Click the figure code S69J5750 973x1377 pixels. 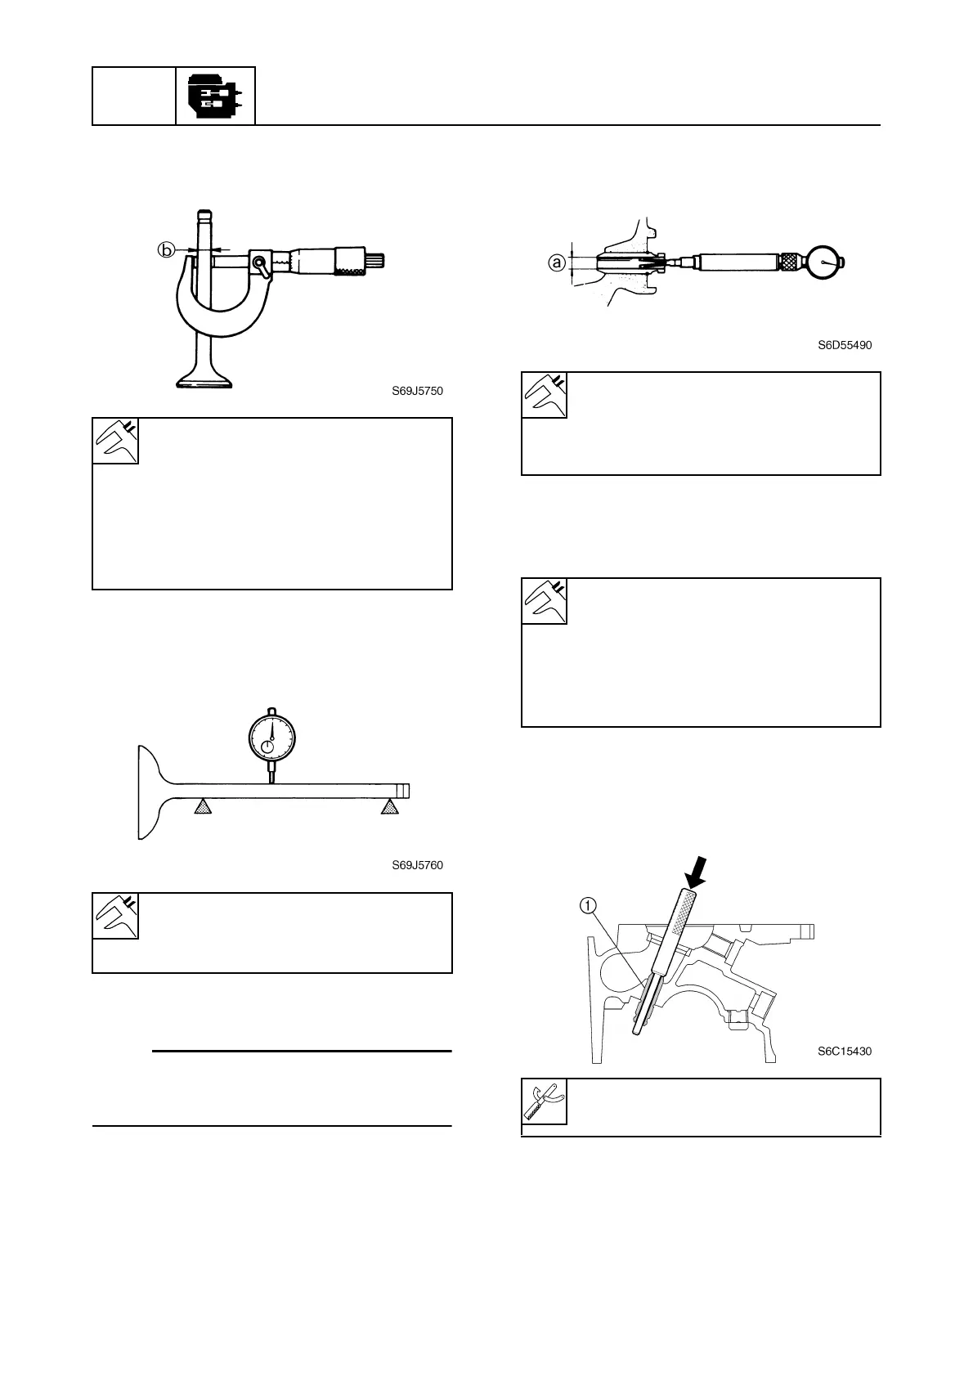417,391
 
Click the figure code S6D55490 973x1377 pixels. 845,345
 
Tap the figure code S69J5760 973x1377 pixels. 417,865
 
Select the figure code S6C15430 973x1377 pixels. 845,1052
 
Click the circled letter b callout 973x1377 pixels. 166,250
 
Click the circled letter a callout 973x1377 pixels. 557,262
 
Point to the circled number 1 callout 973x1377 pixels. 588,905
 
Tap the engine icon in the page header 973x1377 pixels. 215,96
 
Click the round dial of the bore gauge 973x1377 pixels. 825,262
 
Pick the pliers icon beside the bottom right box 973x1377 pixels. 544,1101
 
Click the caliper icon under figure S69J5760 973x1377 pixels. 115,915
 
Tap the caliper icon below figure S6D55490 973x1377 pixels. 544,395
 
